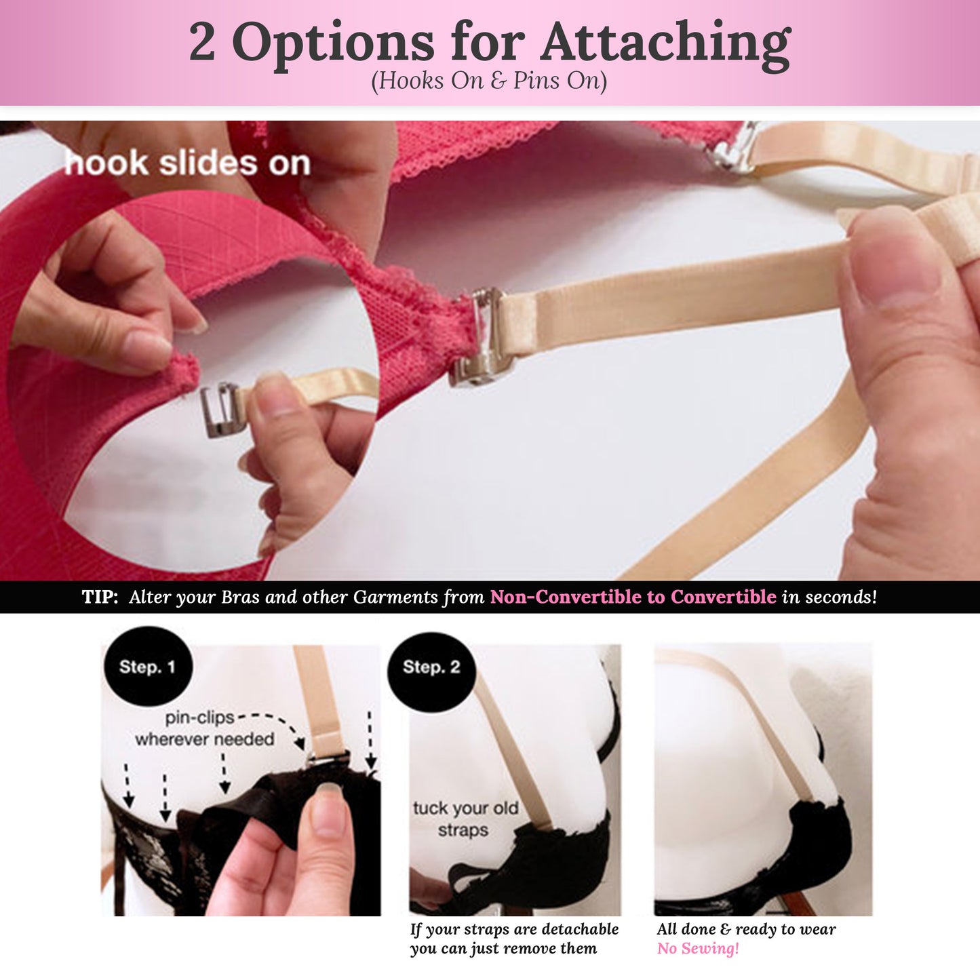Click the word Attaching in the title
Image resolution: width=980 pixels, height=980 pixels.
coord(665,43)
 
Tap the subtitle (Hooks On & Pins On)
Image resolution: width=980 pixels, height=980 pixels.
coord(489,81)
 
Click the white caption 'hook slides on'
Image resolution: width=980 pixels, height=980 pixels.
coord(187,163)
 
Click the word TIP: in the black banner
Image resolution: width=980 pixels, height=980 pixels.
coord(100,597)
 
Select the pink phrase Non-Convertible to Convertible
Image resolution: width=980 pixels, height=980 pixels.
coord(633,597)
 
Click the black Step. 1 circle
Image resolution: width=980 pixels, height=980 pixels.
coord(147,667)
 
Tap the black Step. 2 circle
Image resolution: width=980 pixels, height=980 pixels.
coord(431,667)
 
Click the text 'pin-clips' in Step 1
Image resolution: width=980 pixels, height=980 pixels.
coord(200,718)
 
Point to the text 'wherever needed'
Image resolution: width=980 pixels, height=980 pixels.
coord(204,739)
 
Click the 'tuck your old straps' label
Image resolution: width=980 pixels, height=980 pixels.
coord(465,819)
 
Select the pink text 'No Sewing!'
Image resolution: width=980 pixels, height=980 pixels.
coord(698,948)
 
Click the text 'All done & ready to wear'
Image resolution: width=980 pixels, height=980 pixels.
coord(746,929)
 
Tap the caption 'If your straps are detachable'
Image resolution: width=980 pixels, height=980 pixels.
coord(514,929)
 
